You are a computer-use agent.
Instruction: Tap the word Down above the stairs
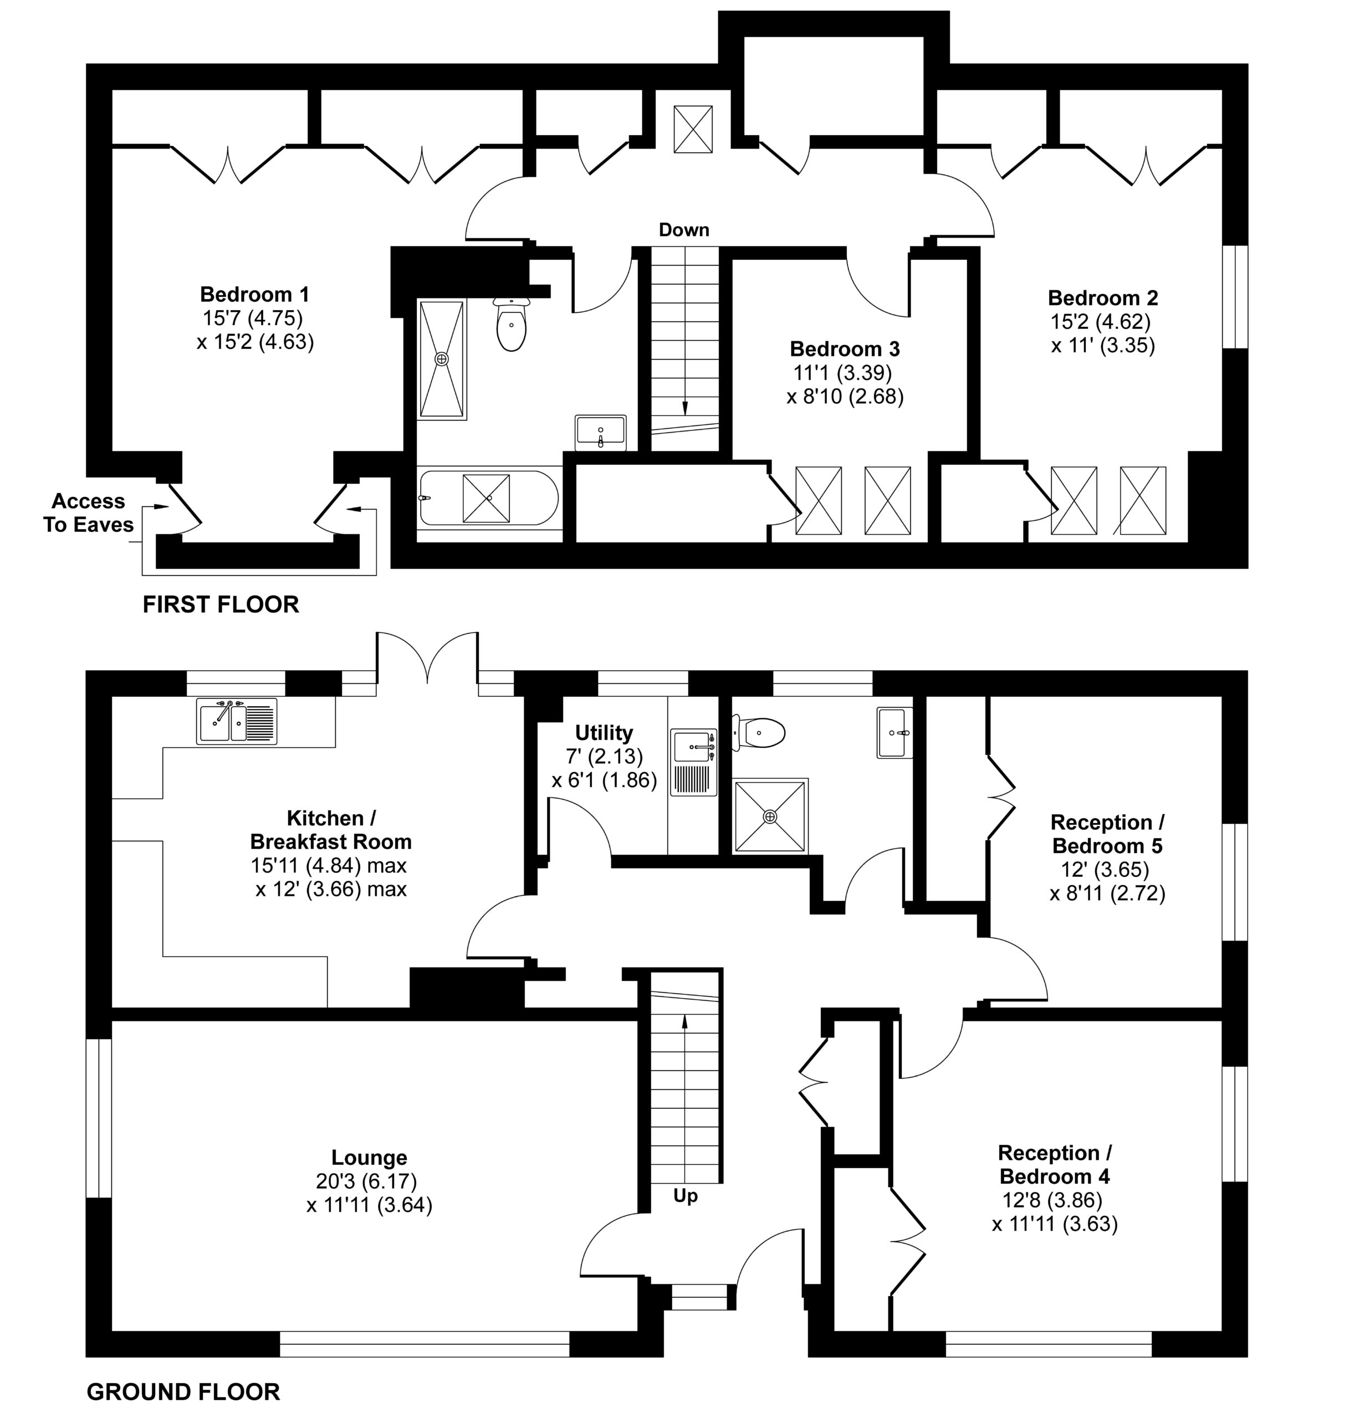pyautogui.click(x=683, y=230)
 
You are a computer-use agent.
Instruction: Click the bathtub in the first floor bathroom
pyautogui.click(x=489, y=498)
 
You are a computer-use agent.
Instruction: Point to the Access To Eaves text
pyautogui.click(x=88, y=513)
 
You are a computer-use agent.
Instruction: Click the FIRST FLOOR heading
pyautogui.click(x=221, y=604)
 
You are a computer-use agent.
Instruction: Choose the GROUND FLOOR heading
pyautogui.click(x=183, y=1392)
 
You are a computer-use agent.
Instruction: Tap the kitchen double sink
pyautogui.click(x=237, y=721)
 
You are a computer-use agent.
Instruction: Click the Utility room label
pyautogui.click(x=604, y=732)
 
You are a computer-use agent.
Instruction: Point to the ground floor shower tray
pyautogui.click(x=770, y=816)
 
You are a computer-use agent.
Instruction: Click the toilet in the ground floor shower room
pyautogui.click(x=759, y=733)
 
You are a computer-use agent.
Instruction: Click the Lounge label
pyautogui.click(x=369, y=1158)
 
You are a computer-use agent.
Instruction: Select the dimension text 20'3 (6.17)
pyautogui.click(x=366, y=1181)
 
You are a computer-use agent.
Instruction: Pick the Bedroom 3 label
pyautogui.click(x=845, y=349)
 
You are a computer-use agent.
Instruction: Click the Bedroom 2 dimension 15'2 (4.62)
pyautogui.click(x=1100, y=321)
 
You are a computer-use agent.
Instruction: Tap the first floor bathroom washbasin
pyautogui.click(x=601, y=433)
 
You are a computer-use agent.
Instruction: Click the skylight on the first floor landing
pyautogui.click(x=693, y=129)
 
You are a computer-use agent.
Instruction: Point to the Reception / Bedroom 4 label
pyautogui.click(x=1055, y=1164)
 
